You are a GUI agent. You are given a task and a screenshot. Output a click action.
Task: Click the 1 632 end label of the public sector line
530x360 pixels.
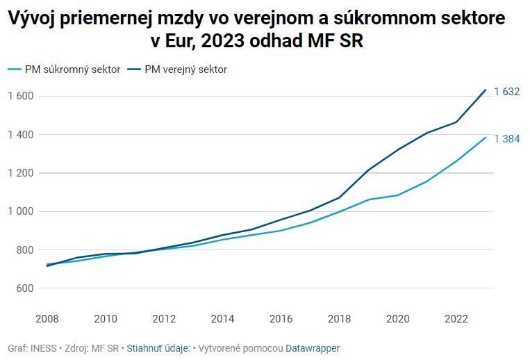click(x=507, y=92)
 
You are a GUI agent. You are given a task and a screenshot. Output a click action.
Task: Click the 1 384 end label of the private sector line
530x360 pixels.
click(x=507, y=139)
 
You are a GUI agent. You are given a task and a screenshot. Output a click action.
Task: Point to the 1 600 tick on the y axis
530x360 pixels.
click(x=21, y=96)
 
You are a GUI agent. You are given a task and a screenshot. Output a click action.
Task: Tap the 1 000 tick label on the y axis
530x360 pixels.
click(x=21, y=211)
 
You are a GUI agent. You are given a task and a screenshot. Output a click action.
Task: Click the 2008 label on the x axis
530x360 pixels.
click(x=47, y=318)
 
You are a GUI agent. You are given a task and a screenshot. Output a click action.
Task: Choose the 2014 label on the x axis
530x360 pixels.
click(x=222, y=318)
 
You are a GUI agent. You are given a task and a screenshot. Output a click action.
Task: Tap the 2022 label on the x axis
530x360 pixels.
click(x=456, y=318)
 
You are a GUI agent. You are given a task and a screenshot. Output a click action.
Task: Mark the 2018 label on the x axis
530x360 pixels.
click(x=339, y=318)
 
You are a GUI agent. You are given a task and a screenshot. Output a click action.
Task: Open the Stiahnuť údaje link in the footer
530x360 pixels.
click(x=158, y=347)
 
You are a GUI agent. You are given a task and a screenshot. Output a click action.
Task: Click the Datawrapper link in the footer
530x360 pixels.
click(x=313, y=347)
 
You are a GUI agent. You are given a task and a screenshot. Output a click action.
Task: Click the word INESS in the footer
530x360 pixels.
click(x=44, y=347)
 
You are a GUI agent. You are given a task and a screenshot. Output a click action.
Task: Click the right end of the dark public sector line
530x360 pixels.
click(x=485, y=90)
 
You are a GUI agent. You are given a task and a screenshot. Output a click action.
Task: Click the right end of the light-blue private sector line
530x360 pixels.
click(x=485, y=137)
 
